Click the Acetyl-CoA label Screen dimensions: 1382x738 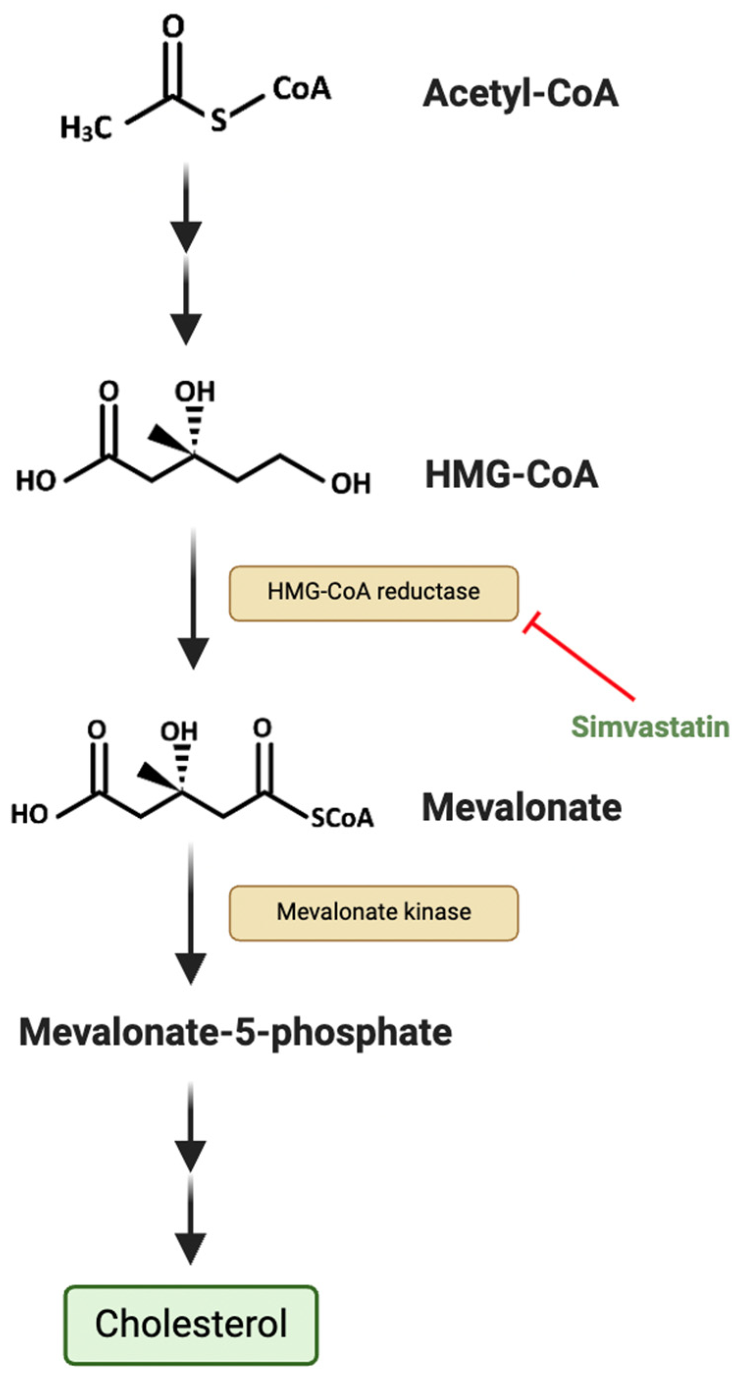[520, 94]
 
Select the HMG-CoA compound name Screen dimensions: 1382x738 [511, 475]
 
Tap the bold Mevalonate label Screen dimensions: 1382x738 [521, 808]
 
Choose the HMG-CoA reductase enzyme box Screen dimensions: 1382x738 [373, 593]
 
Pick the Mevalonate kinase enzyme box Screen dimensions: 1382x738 [373, 912]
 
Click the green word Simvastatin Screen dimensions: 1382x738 [650, 728]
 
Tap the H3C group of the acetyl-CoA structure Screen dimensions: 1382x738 [86, 128]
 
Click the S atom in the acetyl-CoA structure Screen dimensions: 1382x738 [218, 120]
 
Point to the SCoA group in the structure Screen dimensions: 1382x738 [342, 818]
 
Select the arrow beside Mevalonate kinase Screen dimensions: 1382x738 [191, 912]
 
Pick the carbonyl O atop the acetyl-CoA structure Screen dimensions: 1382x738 [173, 26]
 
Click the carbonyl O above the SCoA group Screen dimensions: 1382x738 [262, 728]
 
